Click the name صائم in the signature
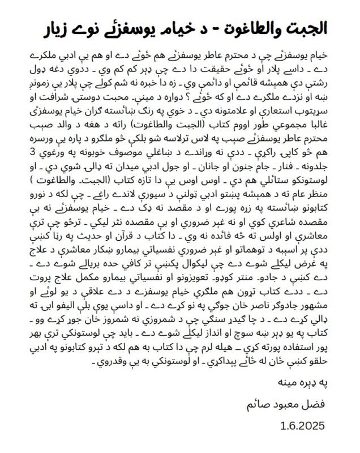(x=260, y=405)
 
